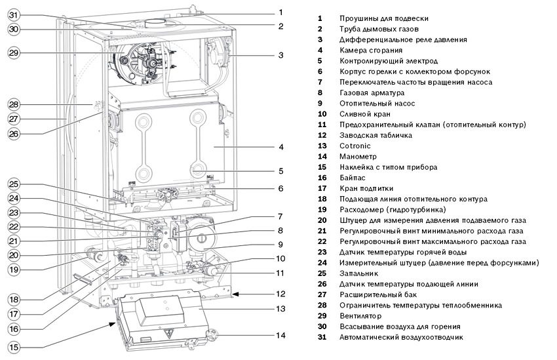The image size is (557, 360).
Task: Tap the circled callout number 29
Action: [x=14, y=53]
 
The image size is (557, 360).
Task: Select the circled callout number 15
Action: [x=14, y=347]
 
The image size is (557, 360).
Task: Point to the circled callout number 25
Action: [x=14, y=184]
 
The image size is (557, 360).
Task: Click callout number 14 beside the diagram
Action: [x=280, y=335]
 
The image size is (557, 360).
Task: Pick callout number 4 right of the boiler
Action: [x=280, y=147]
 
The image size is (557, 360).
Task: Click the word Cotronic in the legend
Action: [x=355, y=146]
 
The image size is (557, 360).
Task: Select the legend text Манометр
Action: [x=358, y=157]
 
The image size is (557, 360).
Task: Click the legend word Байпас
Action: [x=353, y=178]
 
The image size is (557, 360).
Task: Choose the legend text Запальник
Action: [x=359, y=273]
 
